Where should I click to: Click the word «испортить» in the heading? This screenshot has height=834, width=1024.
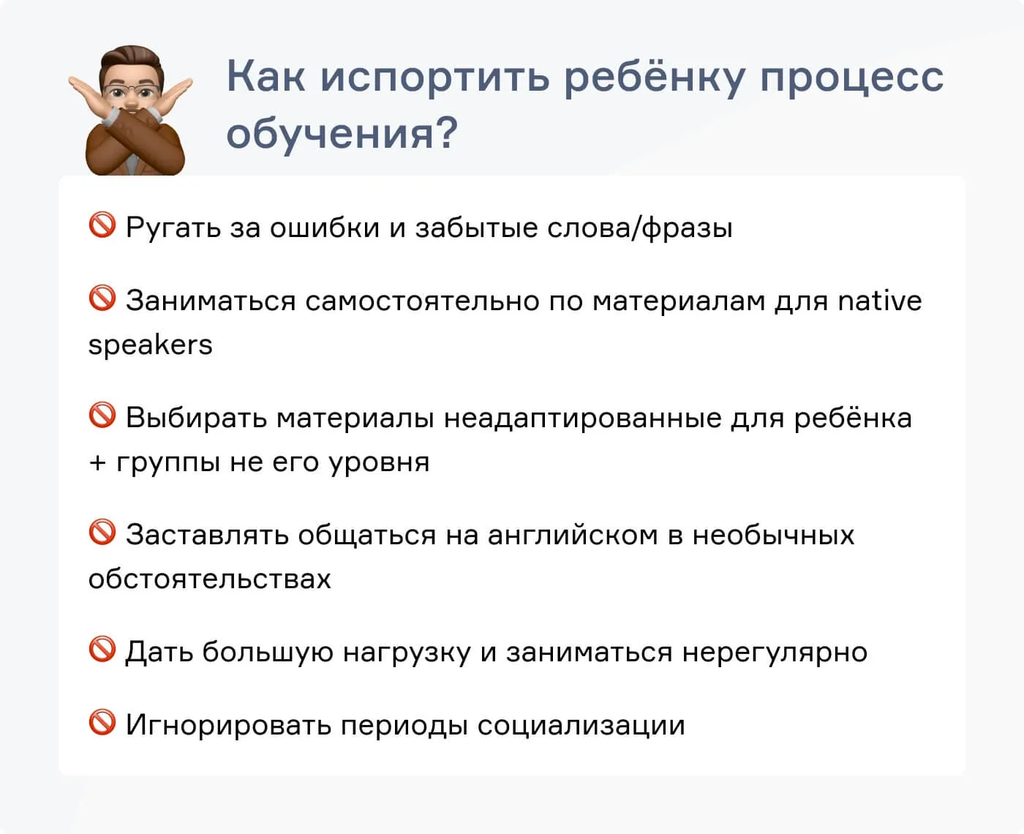[434, 76]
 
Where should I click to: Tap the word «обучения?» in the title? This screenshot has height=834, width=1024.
[342, 133]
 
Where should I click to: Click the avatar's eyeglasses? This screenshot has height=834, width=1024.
[131, 92]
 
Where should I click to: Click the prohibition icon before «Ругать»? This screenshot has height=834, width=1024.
[102, 225]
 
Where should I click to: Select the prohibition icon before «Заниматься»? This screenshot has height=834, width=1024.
[102, 298]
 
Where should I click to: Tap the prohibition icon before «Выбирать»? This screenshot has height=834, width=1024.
[102, 416]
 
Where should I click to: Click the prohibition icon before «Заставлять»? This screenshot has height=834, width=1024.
[102, 533]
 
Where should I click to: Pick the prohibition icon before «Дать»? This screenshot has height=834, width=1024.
[102, 650]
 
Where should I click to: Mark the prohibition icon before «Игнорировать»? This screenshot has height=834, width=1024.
[102, 723]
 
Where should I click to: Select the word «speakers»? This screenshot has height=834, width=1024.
[150, 345]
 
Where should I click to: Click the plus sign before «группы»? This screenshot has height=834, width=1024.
[97, 462]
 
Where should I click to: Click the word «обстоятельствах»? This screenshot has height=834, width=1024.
[209, 579]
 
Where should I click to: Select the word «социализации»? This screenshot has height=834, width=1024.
[581, 726]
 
